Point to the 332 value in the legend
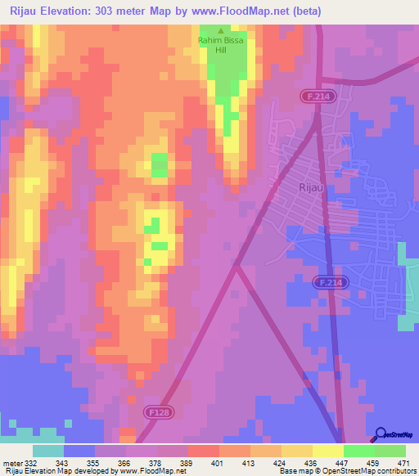point(31,463)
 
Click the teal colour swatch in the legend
point(48,451)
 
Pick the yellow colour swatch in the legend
point(327,451)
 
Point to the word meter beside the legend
point(11,463)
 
